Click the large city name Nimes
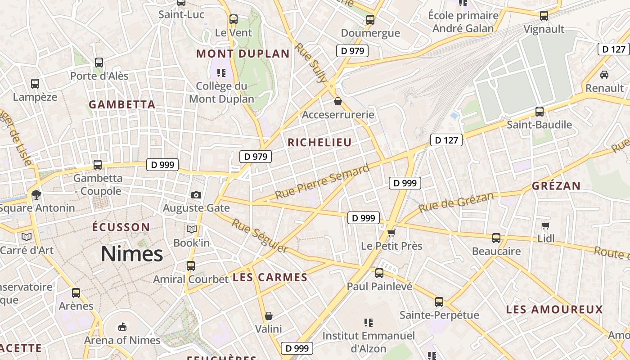tap(132, 254)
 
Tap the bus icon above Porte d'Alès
tap(99, 63)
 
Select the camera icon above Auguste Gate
tap(196, 195)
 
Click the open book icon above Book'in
tap(192, 229)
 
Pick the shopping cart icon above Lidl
tap(546, 225)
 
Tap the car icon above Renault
tap(604, 74)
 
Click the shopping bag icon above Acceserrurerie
tap(338, 102)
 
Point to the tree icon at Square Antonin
tap(36, 195)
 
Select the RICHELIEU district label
tap(319, 143)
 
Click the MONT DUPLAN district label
tap(243, 54)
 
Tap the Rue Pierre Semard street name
tap(322, 182)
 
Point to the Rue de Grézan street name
tap(456, 202)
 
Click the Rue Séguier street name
tap(260, 235)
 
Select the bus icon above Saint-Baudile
tap(539, 112)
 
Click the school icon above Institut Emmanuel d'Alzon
tap(369, 322)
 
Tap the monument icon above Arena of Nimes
tap(122, 326)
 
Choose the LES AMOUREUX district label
tap(554, 310)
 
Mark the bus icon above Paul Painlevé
tap(379, 273)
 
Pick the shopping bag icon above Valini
tap(269, 316)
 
